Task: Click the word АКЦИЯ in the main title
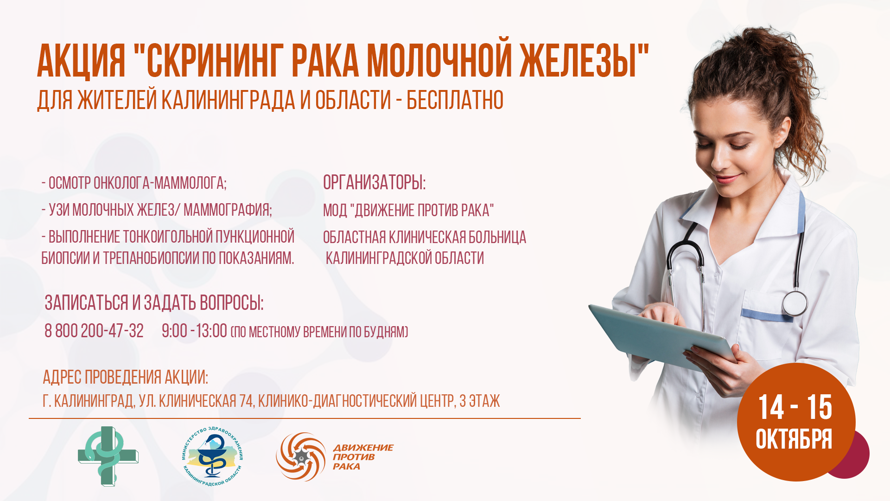[81, 61]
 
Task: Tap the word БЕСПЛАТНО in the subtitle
[455, 100]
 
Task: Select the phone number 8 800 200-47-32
[94, 331]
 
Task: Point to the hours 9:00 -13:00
[194, 331]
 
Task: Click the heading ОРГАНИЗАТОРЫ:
[374, 182]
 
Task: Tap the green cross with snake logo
[108, 456]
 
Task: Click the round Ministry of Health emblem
[212, 456]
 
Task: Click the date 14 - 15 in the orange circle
[795, 407]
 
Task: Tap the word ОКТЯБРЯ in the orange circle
[794, 439]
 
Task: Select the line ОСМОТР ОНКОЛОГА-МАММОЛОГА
[134, 183]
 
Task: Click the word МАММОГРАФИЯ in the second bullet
[228, 210]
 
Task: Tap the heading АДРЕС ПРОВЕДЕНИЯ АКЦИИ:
[125, 377]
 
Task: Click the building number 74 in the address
[246, 401]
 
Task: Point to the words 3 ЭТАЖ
[479, 401]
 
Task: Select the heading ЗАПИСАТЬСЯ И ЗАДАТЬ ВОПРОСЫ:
[154, 303]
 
